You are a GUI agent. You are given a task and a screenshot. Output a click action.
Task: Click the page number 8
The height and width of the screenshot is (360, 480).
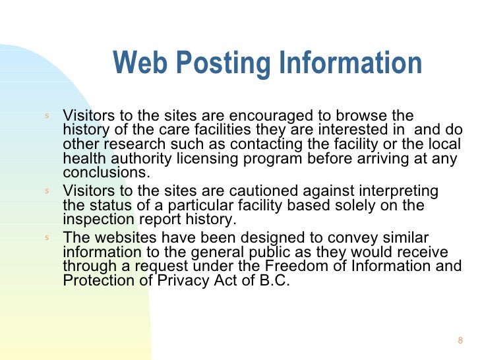click(460, 340)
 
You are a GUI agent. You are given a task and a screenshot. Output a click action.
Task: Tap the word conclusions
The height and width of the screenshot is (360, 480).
click(106, 173)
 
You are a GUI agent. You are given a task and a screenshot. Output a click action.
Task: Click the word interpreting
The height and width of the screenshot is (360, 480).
click(400, 191)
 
